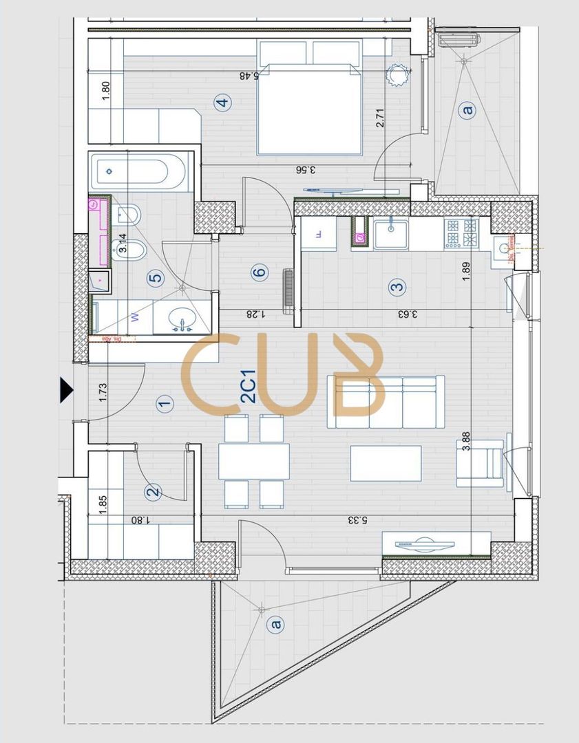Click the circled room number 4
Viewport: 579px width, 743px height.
coord(222,104)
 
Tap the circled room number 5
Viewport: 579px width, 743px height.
coord(156,278)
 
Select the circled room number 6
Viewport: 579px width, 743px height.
coord(258,273)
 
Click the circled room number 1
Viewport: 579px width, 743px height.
coord(164,404)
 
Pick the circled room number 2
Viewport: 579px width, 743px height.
coord(153,491)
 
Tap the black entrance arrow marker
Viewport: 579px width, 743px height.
coord(66,389)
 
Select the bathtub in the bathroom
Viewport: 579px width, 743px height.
coord(141,172)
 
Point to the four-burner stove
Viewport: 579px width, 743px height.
coord(461,233)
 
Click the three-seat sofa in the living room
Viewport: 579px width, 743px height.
coord(386,402)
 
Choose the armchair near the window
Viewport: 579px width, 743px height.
coord(481,463)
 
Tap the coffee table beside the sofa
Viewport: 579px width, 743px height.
coord(386,464)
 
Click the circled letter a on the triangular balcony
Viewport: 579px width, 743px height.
coord(276,625)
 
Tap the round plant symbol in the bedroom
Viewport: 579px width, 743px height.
coord(398,75)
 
